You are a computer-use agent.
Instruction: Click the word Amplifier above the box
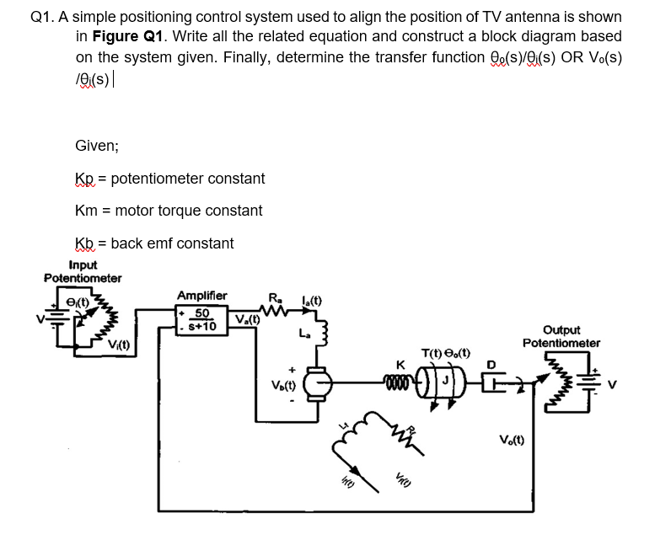click(x=201, y=295)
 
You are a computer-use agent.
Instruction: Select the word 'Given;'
click(x=97, y=145)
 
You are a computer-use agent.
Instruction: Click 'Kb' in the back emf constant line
click(x=84, y=243)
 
